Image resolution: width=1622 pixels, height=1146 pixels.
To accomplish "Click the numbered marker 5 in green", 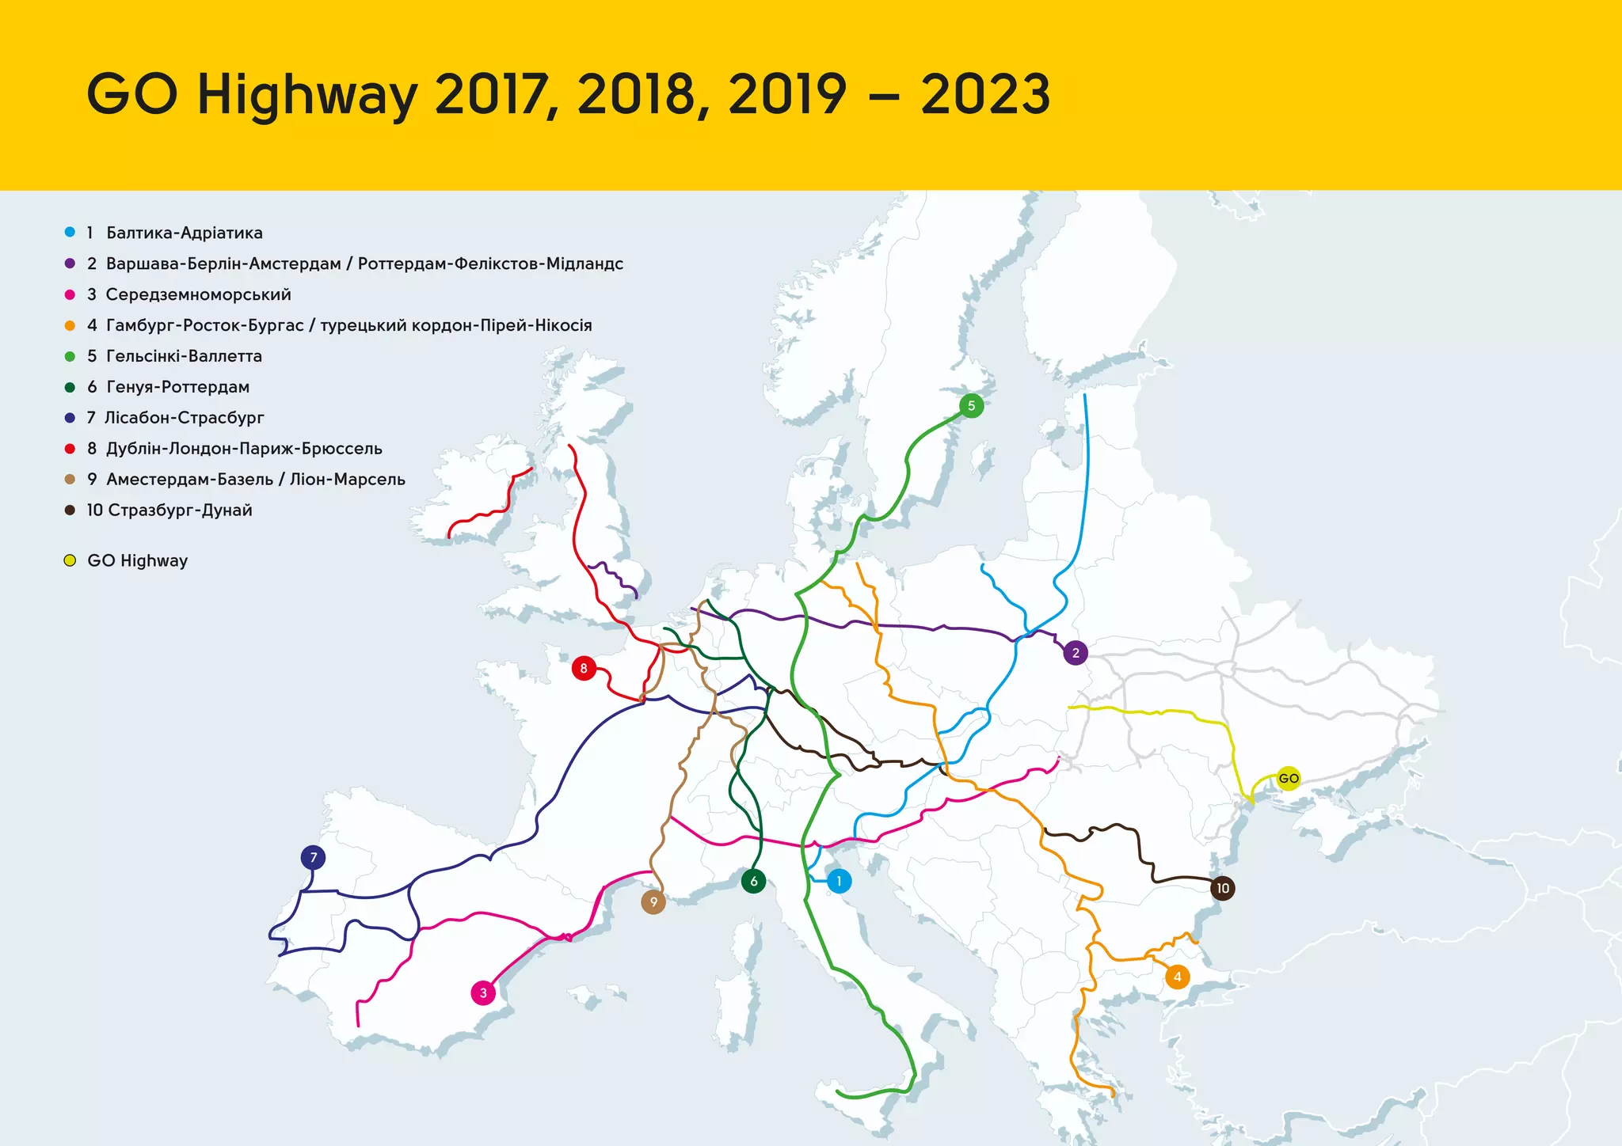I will click(x=971, y=406).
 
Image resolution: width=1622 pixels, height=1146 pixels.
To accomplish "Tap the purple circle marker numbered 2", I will click(x=1075, y=653).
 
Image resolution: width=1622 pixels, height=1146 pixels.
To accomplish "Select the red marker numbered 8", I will click(x=584, y=669).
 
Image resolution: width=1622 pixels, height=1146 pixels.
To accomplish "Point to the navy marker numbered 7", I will click(x=314, y=857).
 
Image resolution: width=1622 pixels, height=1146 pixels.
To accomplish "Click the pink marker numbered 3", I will click(x=483, y=993).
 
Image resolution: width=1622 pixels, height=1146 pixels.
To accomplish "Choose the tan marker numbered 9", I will click(x=653, y=901).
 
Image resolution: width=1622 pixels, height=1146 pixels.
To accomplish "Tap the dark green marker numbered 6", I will click(x=753, y=881).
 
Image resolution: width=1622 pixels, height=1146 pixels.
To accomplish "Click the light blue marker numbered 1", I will click(x=839, y=881).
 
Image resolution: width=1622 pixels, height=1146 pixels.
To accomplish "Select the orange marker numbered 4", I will click(x=1178, y=977).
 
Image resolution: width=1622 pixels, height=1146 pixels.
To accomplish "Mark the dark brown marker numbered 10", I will click(x=1223, y=888).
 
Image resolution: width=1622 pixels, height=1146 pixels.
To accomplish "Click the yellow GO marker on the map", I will click(x=1289, y=779).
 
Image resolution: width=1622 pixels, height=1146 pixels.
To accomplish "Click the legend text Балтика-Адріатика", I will click(x=184, y=233).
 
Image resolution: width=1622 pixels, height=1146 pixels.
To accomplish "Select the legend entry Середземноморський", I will click(x=198, y=294).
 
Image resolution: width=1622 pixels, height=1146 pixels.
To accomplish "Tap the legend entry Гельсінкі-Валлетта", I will click(x=184, y=356).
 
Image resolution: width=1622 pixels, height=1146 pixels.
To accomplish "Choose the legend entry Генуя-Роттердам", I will click(x=177, y=387).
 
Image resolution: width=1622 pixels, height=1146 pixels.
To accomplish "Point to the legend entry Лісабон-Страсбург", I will click(x=184, y=418).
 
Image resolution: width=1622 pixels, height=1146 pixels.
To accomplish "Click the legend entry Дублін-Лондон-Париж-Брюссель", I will click(x=244, y=449).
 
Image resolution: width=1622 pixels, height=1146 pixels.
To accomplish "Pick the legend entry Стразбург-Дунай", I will click(x=180, y=510).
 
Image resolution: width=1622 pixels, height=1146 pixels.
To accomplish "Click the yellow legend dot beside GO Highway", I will click(x=70, y=561).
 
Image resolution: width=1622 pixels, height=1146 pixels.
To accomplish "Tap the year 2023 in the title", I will click(x=984, y=94).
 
